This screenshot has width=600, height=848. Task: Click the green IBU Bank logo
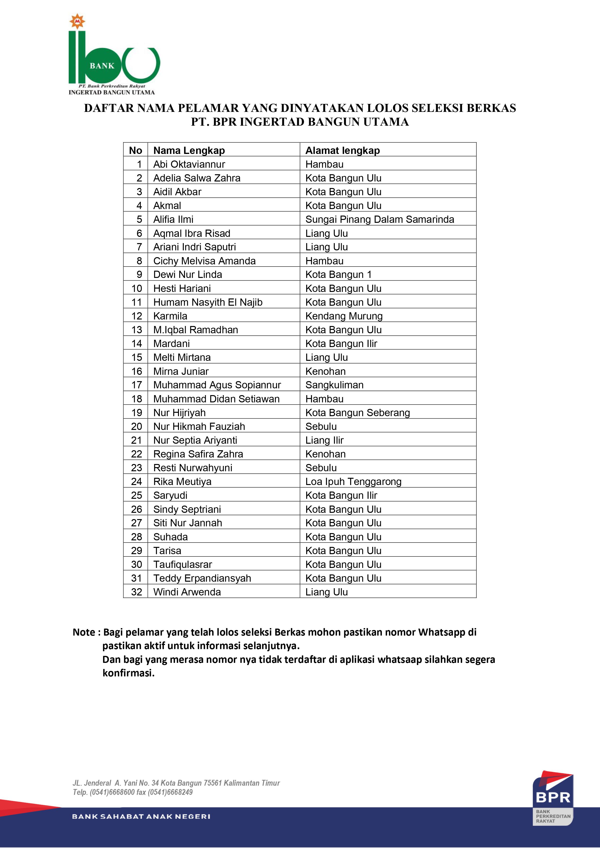pos(114,55)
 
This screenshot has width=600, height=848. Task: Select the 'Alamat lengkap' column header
pos(342,150)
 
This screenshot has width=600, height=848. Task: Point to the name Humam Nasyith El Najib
pos(208,302)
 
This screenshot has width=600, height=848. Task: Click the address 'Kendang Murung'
pos(344,316)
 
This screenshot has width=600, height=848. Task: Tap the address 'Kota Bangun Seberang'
pos(357,413)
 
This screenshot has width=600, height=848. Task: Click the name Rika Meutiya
pos(182,482)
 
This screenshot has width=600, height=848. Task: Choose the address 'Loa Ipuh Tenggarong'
pos(353,482)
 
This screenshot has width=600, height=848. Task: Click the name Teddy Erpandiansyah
pos(202,578)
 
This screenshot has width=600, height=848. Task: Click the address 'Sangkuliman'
pos(334,385)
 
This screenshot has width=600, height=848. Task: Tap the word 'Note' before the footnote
pos(84,632)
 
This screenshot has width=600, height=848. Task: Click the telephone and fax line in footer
pos(133,792)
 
